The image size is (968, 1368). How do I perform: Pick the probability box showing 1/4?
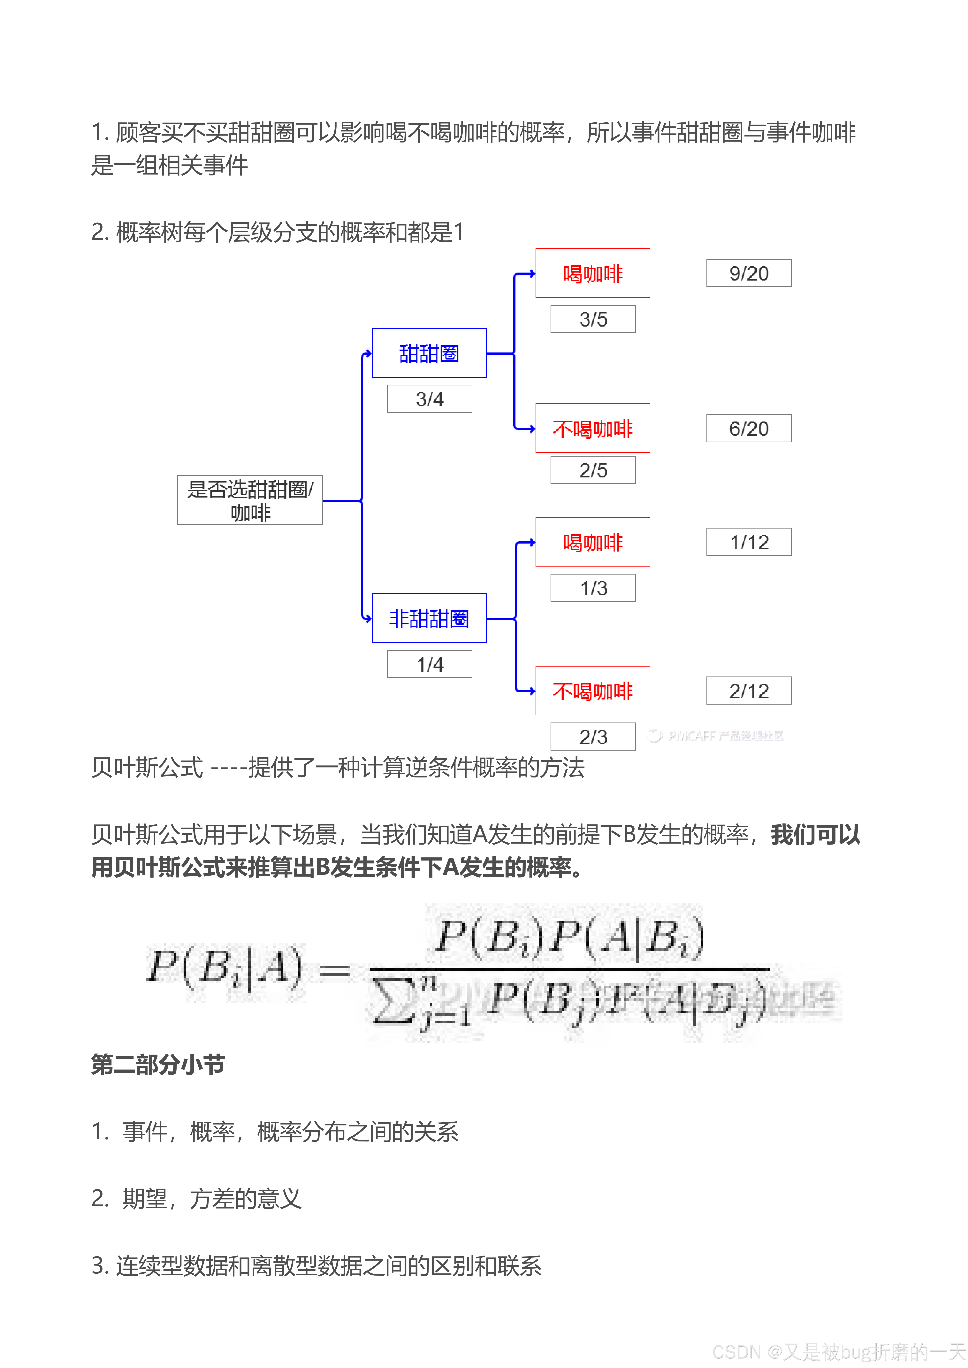[429, 664]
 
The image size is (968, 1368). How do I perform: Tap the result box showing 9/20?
[749, 273]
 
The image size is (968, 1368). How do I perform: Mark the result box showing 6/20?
[749, 428]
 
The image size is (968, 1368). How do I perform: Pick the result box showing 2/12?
[749, 691]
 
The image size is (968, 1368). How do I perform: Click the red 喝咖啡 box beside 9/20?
[592, 273]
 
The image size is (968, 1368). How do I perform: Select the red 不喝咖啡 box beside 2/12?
[592, 691]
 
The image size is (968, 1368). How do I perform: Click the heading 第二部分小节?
[158, 1064]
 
